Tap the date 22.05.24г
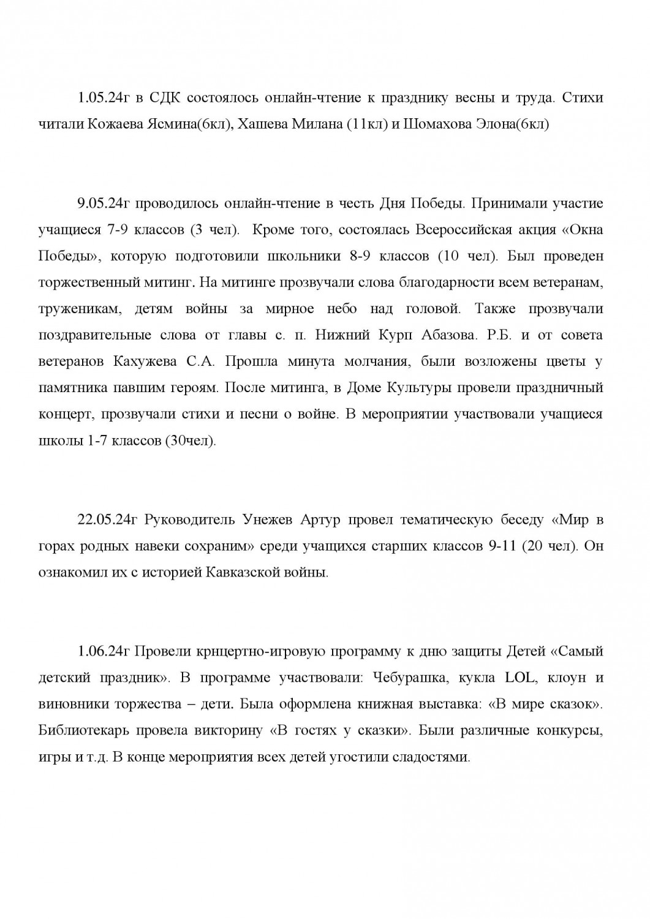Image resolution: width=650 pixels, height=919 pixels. pyautogui.click(x=107, y=520)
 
